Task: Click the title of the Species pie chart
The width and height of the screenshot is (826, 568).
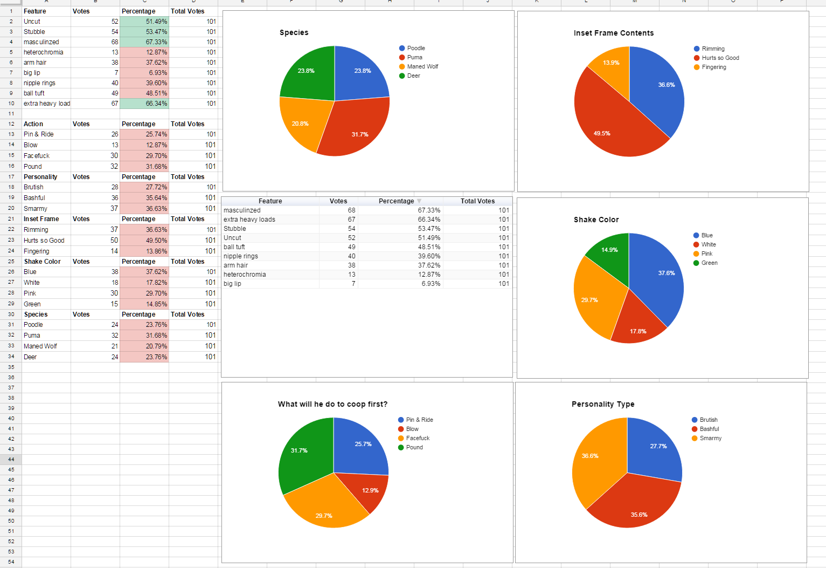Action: pyautogui.click(x=294, y=32)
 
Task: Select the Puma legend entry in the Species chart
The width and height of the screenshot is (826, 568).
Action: pyautogui.click(x=414, y=57)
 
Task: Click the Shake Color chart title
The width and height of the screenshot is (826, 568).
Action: pyautogui.click(x=596, y=220)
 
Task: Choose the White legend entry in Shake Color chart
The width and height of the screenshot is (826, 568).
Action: pyautogui.click(x=708, y=244)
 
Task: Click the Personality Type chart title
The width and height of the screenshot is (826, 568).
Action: pyautogui.click(x=603, y=404)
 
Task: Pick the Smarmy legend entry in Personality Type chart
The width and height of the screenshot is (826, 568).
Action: pyautogui.click(x=710, y=438)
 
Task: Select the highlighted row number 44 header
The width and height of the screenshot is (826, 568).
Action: pyautogui.click(x=11, y=460)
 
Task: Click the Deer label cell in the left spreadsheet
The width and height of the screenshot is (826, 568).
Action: pyautogui.click(x=30, y=357)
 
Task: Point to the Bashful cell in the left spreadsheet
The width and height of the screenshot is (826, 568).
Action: pyautogui.click(x=34, y=198)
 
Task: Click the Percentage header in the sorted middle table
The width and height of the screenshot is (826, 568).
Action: pyautogui.click(x=396, y=201)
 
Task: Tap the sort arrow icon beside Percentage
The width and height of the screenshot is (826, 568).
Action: pyautogui.click(x=419, y=201)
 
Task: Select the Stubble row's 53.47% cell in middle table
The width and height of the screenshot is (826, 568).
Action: pyautogui.click(x=429, y=229)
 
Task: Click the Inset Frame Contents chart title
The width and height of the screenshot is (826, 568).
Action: pyautogui.click(x=613, y=33)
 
